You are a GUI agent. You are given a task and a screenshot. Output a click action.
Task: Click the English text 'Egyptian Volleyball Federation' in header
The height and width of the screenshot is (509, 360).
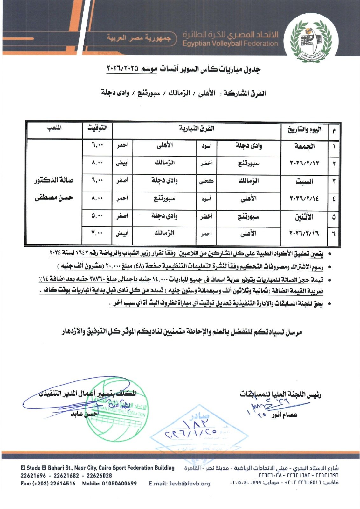(x=230, y=44)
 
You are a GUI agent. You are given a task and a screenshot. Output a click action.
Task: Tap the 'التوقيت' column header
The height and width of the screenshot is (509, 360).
(x=97, y=128)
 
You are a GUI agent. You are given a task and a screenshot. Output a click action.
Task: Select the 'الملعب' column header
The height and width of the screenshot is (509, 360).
(x=54, y=128)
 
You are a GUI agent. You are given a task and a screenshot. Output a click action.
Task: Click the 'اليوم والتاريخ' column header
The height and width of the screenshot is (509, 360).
(x=304, y=129)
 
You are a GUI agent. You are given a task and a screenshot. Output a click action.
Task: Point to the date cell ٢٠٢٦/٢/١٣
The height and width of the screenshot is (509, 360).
(x=304, y=163)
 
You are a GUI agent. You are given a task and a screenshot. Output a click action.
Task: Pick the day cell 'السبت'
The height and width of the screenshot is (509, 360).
(x=304, y=182)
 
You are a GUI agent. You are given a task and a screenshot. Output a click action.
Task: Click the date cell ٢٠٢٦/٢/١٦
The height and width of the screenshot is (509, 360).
(x=304, y=234)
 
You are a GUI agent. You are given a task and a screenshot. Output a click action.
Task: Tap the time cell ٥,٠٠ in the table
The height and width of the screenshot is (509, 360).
(x=97, y=216)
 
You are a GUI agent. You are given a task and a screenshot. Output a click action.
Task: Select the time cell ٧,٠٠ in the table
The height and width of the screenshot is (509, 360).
(x=97, y=233)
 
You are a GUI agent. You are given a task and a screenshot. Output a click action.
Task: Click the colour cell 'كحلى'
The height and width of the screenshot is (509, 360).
(x=206, y=181)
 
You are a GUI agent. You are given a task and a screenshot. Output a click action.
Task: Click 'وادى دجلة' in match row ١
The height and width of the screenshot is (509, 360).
(x=249, y=146)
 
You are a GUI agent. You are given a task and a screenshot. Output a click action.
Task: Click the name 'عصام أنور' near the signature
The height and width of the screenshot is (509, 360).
(x=284, y=415)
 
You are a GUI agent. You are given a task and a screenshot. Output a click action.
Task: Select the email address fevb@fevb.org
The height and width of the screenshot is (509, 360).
(x=179, y=484)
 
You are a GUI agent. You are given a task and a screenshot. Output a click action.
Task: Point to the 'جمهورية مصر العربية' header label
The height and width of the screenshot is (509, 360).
(x=139, y=38)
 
